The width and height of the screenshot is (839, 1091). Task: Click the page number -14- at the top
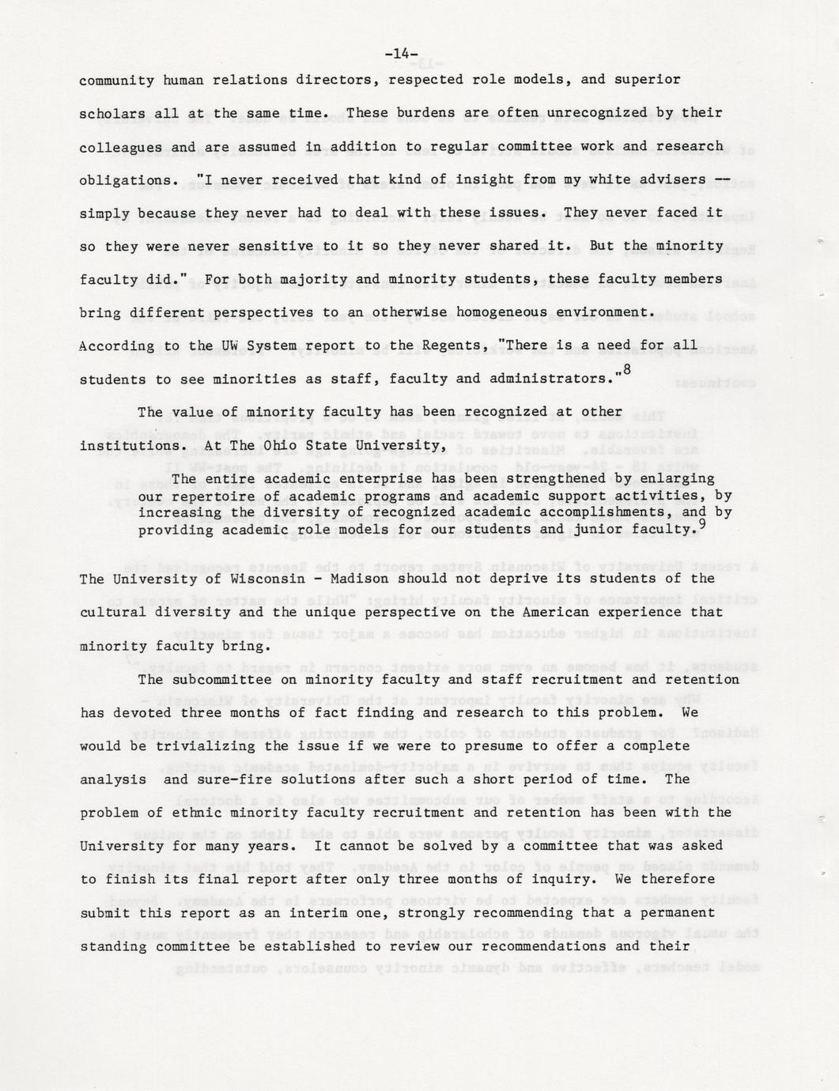pos(401,55)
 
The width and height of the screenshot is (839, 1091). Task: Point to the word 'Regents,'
pos(444,345)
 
